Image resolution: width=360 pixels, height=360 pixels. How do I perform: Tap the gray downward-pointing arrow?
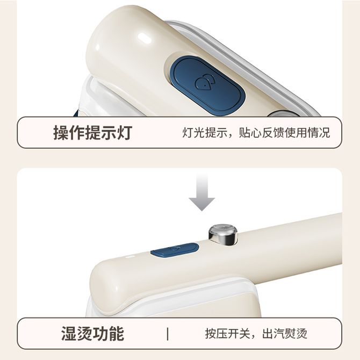pyautogui.click(x=202, y=192)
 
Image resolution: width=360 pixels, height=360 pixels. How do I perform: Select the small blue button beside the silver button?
pyautogui.click(x=175, y=250)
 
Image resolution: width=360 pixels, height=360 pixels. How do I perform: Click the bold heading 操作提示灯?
pyautogui.click(x=93, y=133)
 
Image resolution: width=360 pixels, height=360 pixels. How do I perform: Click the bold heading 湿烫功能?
pyautogui.click(x=93, y=334)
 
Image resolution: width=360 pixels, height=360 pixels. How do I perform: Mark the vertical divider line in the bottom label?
pyautogui.click(x=168, y=334)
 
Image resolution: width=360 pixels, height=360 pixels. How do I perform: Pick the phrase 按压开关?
pyautogui.click(x=227, y=334)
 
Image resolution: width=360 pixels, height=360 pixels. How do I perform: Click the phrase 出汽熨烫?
pyautogui.click(x=285, y=334)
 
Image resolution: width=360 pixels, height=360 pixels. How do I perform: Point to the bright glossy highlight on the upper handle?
pyautogui.click(x=143, y=37)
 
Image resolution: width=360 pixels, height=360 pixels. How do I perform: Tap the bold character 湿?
pyautogui.click(x=69, y=334)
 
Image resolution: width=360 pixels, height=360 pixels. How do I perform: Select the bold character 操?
pyautogui.click(x=61, y=133)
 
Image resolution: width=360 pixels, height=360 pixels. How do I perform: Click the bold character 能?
pyautogui.click(x=117, y=334)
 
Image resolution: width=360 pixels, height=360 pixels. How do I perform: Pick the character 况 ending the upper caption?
pyautogui.click(x=325, y=133)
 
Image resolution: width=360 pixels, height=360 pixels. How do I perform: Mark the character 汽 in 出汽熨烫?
pyautogui.click(x=279, y=334)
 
